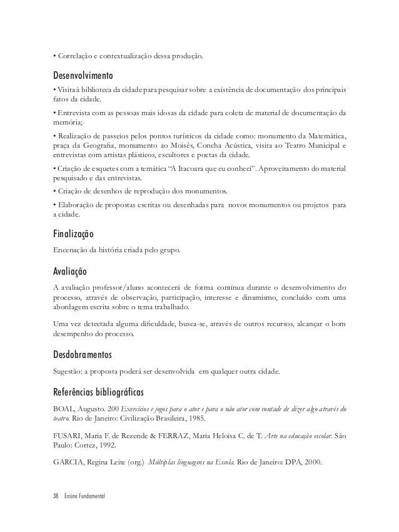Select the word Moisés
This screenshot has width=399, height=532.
tap(202, 145)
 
